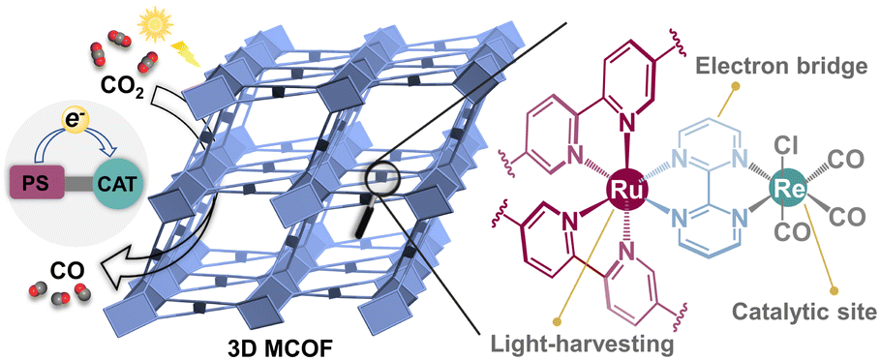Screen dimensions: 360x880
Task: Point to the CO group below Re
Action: (x=792, y=233)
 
